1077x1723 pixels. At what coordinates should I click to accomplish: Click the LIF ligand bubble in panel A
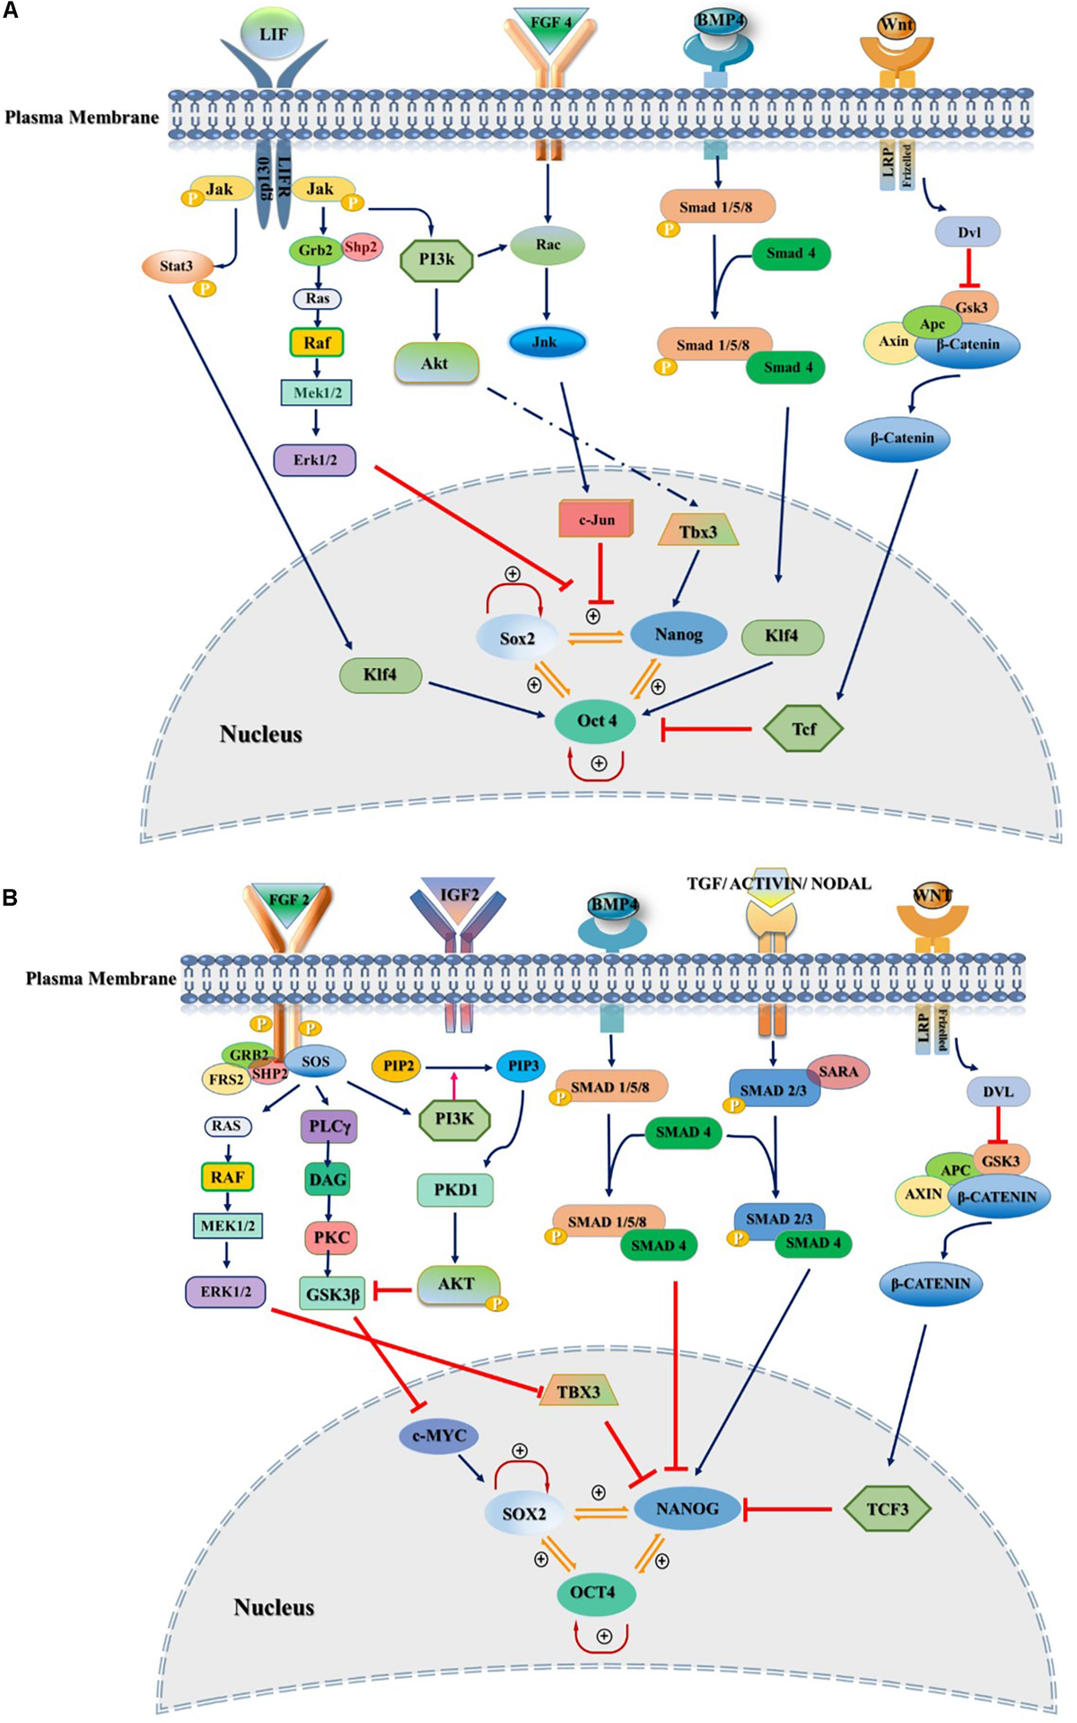coord(273,35)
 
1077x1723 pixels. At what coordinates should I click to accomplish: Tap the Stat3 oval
coord(177,266)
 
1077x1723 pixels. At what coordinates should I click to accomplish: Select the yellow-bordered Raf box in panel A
coord(317,342)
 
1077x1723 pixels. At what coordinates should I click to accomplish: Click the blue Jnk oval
coord(546,341)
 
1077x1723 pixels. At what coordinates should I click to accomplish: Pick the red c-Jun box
coord(596,519)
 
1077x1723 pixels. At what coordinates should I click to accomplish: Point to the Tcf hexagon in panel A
coord(803,729)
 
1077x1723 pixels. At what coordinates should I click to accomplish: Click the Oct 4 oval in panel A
coord(596,720)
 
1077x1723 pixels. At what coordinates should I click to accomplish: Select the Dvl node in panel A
coord(968,233)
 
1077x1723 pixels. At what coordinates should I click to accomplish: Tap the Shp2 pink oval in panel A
coord(361,248)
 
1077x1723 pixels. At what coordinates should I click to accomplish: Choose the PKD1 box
coord(455,1190)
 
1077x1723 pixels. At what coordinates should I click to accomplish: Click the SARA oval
coord(837,1071)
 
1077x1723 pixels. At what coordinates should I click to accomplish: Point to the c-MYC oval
coord(439,1436)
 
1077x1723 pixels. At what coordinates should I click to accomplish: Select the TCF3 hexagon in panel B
coord(887,1509)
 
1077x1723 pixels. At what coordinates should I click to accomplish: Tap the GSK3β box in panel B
coord(332,1295)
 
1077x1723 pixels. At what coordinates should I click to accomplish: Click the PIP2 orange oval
coord(397,1066)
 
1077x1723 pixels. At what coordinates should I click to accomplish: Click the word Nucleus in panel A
coord(260,734)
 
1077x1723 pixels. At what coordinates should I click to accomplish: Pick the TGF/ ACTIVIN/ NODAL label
coord(778,883)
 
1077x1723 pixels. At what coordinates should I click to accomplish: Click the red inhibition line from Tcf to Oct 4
coord(709,729)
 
